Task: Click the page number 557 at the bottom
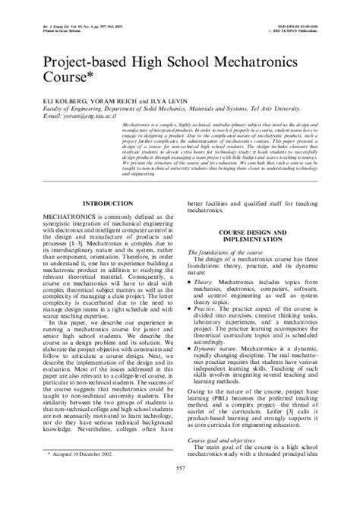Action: click(180, 489)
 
